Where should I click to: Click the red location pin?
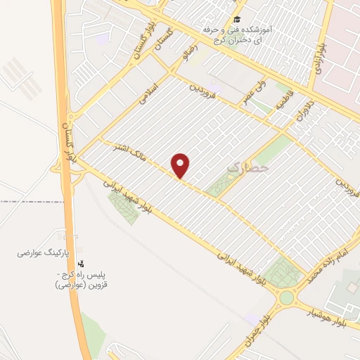(x=181, y=165)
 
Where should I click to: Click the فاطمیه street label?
(x=283, y=102)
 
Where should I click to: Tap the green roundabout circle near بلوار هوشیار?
(x=286, y=297)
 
